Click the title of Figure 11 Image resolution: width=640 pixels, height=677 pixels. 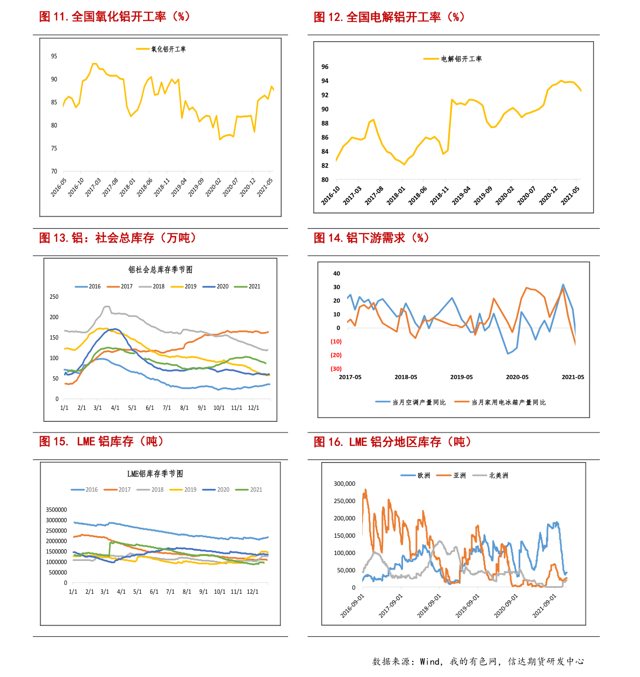point(114,17)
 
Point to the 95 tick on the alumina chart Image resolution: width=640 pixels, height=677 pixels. point(54,56)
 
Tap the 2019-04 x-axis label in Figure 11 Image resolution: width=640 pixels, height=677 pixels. point(179,188)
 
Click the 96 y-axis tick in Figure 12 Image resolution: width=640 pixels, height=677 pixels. point(325,67)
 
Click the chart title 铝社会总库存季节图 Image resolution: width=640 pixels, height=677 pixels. point(160,270)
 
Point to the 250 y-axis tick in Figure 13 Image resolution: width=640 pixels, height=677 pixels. point(54,297)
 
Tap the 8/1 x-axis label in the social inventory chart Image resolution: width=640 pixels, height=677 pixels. point(184,408)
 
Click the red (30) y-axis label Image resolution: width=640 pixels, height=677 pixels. point(336,369)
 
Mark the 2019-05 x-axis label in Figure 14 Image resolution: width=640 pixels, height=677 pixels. point(462,377)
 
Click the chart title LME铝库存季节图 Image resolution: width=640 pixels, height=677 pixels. point(155,474)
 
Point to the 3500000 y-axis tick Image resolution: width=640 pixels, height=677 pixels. point(56,510)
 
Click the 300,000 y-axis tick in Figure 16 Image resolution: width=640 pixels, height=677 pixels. point(344,484)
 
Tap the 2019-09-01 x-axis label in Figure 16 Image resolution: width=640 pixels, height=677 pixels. point(468,606)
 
